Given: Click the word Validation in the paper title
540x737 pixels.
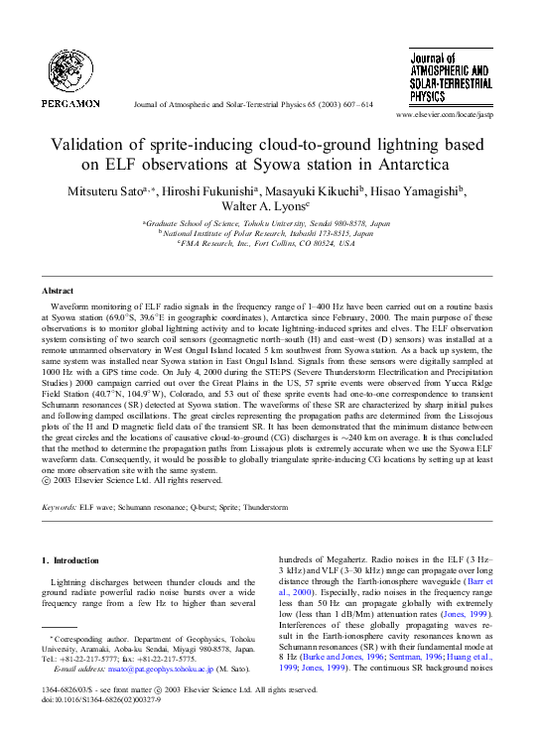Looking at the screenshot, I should point(92,144).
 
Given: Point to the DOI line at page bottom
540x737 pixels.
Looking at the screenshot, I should point(94,699).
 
